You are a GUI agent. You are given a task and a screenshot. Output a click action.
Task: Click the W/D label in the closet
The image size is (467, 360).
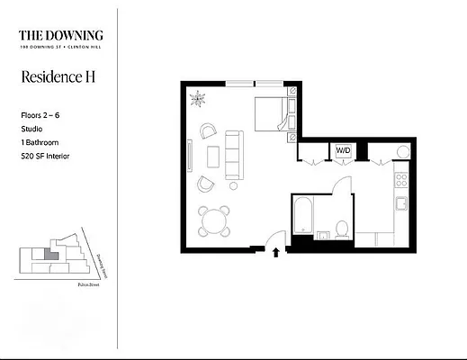pyautogui.click(x=343, y=150)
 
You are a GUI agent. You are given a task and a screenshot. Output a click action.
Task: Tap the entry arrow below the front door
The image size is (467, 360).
pyautogui.click(x=275, y=254)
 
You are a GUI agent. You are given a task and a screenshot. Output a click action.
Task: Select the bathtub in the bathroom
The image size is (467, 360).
pyautogui.click(x=301, y=216)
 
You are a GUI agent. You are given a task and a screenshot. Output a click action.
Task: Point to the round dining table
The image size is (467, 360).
pyautogui.click(x=213, y=220)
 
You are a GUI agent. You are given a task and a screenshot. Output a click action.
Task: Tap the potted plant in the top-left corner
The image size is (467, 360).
pyautogui.click(x=200, y=98)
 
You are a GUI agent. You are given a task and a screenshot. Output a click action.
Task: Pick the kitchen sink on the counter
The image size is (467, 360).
pyautogui.click(x=401, y=201)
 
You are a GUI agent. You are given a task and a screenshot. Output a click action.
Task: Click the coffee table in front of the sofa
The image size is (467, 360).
pyautogui.click(x=213, y=157)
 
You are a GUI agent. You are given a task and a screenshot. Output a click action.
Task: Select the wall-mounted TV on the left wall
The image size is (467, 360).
pyautogui.click(x=189, y=155)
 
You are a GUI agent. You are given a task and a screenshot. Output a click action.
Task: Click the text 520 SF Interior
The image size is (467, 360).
pyautogui.click(x=45, y=157)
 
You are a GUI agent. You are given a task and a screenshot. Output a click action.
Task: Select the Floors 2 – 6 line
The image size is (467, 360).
pyautogui.click(x=41, y=116)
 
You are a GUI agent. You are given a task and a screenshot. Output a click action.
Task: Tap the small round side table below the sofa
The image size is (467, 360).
pyautogui.click(x=233, y=185)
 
